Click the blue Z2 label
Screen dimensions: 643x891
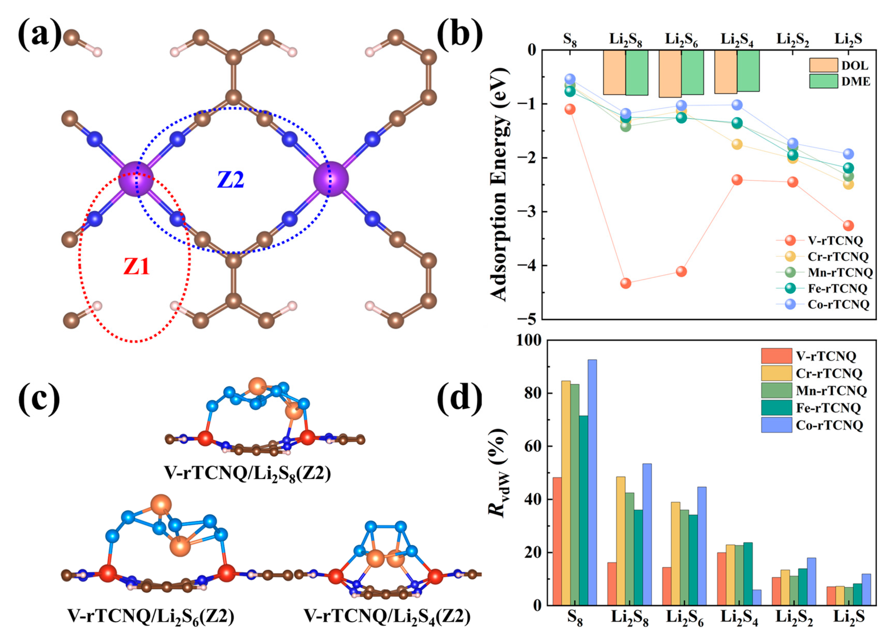click(231, 180)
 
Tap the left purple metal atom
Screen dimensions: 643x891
click(136, 179)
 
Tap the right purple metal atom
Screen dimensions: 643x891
click(331, 179)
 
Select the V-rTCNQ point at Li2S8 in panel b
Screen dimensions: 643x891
click(625, 283)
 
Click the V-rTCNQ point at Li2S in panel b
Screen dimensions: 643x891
click(848, 225)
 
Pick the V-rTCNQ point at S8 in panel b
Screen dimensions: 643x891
click(570, 109)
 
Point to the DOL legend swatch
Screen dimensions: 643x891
click(823, 65)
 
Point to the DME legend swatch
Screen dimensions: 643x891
click(823, 81)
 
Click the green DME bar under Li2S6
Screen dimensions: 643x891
click(692, 72)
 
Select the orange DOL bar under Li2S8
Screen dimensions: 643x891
click(614, 72)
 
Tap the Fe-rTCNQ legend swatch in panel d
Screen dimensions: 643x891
click(776, 408)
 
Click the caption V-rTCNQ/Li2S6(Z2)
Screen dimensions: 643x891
click(151, 617)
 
